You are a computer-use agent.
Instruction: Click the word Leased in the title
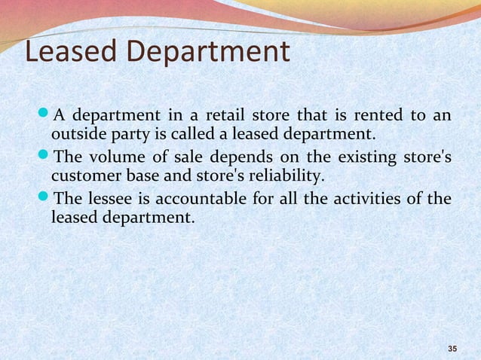69,52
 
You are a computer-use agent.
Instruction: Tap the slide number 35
452,348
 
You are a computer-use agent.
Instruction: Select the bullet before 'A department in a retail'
44,116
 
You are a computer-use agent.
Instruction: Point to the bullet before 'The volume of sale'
44,157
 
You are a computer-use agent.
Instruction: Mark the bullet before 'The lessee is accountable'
44,199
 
